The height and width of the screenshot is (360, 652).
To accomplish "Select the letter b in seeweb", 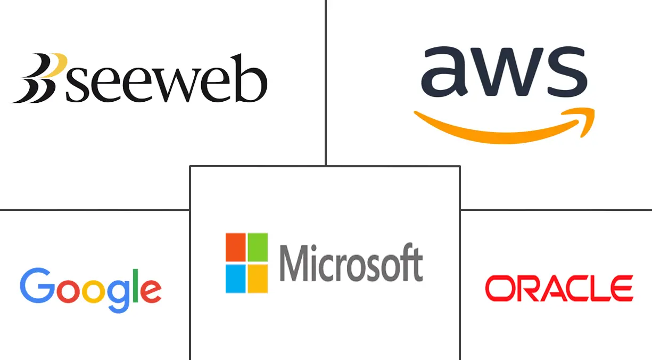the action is point(251,78).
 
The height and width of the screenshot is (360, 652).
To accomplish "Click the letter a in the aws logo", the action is point(444,71).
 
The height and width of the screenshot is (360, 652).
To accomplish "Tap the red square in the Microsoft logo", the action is point(235,247).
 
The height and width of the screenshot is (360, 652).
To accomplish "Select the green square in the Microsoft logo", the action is point(258,247).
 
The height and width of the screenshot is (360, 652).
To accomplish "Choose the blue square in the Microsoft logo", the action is point(235,279).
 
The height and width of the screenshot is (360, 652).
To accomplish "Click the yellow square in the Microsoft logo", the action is point(258,279).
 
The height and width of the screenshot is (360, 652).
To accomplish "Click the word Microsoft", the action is point(351,263).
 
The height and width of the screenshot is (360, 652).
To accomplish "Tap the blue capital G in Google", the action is point(37,285).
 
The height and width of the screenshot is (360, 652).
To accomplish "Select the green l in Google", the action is point(135,285).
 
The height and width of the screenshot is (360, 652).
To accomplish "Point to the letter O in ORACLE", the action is point(499,288).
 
